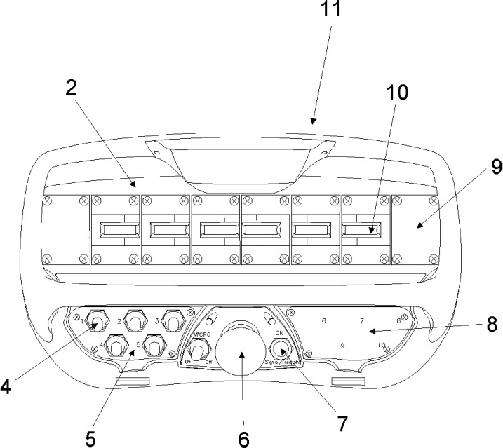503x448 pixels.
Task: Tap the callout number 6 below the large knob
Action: pyautogui.click(x=243, y=440)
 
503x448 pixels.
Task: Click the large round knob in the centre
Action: pyautogui.click(x=239, y=352)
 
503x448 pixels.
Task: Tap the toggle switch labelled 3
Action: pyautogui.click(x=170, y=323)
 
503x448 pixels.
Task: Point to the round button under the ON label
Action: pyautogui.click(x=281, y=349)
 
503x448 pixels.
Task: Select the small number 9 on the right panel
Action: pyautogui.click(x=342, y=346)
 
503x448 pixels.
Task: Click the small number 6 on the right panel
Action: pyautogui.click(x=323, y=321)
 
